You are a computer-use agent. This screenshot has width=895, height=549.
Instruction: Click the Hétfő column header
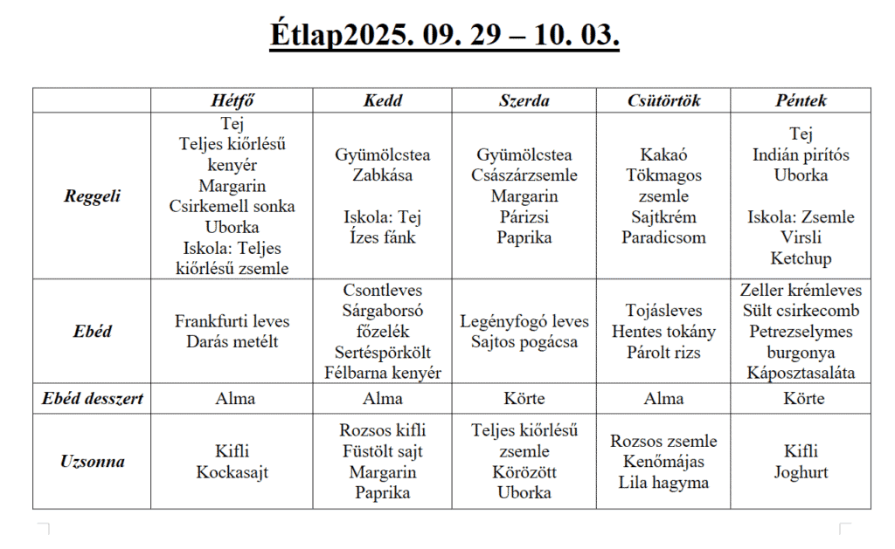232,100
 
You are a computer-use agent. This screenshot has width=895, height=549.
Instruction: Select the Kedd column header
382,100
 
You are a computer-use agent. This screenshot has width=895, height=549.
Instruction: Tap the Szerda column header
524,100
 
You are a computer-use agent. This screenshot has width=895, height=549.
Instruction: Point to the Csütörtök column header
663,100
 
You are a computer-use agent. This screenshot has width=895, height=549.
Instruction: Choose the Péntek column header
801,100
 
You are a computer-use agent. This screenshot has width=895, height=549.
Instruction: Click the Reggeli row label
92,196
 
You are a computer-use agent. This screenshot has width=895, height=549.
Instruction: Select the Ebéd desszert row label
92,399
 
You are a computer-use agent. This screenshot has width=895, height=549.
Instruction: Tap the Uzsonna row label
92,462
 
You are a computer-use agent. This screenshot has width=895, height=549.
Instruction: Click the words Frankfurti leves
232,321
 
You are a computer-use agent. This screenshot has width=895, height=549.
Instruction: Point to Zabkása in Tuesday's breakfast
382,175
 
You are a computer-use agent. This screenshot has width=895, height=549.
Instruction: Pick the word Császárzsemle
524,175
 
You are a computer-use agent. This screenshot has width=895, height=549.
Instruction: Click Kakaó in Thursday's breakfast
663,154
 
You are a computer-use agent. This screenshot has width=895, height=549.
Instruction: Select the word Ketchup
801,259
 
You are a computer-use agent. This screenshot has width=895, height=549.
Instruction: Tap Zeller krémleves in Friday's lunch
801,291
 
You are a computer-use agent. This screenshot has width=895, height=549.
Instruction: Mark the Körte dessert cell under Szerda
524,399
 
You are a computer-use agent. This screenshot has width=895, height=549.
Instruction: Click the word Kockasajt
232,472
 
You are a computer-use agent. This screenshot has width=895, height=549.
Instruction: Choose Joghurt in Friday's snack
801,472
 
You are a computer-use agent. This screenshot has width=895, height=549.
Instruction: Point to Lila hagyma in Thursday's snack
663,483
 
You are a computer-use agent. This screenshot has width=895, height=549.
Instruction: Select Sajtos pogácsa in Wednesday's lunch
524,342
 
